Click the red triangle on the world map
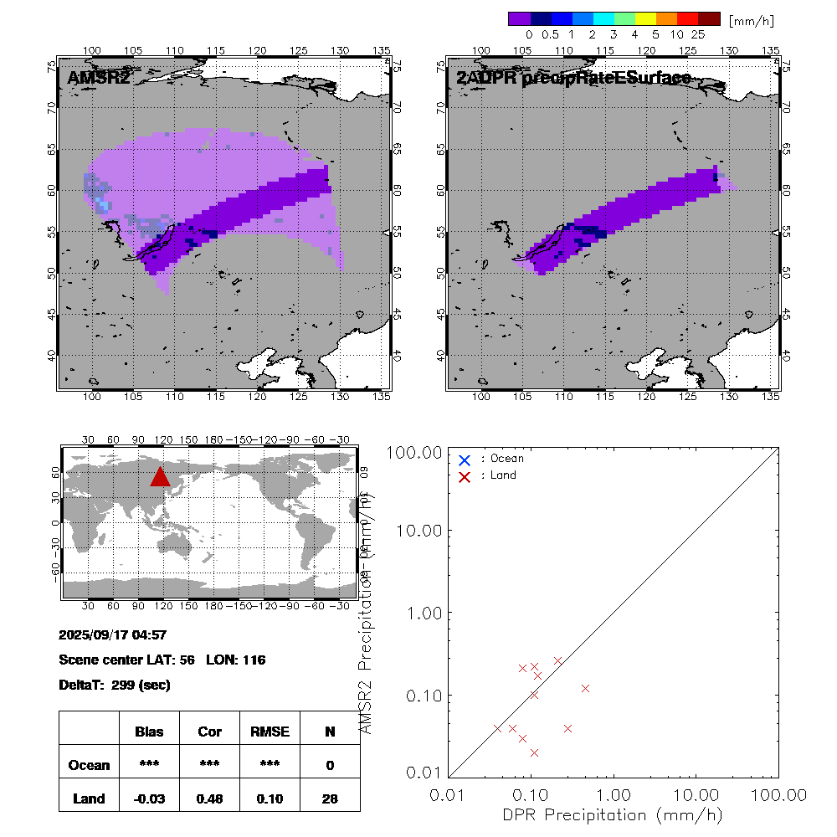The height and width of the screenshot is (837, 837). [161, 476]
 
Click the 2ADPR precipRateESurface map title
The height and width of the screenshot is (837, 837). [573, 79]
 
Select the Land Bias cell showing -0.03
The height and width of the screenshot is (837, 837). [150, 798]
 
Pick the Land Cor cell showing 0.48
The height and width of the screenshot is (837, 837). [209, 798]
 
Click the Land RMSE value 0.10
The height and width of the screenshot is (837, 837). [270, 798]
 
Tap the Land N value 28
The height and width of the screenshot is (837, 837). [330, 798]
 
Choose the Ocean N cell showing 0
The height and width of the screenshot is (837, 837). [330, 765]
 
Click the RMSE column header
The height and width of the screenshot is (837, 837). [270, 732]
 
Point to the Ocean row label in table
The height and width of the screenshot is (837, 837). [89, 765]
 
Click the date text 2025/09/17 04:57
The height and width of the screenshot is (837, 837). [113, 634]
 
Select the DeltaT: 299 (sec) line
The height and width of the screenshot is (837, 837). [115, 685]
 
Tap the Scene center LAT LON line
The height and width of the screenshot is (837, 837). [162, 660]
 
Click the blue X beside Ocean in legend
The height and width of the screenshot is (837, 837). [465, 460]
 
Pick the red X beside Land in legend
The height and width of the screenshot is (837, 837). [465, 476]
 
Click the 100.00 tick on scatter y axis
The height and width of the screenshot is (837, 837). [414, 453]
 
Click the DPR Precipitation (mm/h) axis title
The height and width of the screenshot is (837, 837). [614, 814]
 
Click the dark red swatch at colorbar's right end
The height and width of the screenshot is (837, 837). [709, 18]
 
